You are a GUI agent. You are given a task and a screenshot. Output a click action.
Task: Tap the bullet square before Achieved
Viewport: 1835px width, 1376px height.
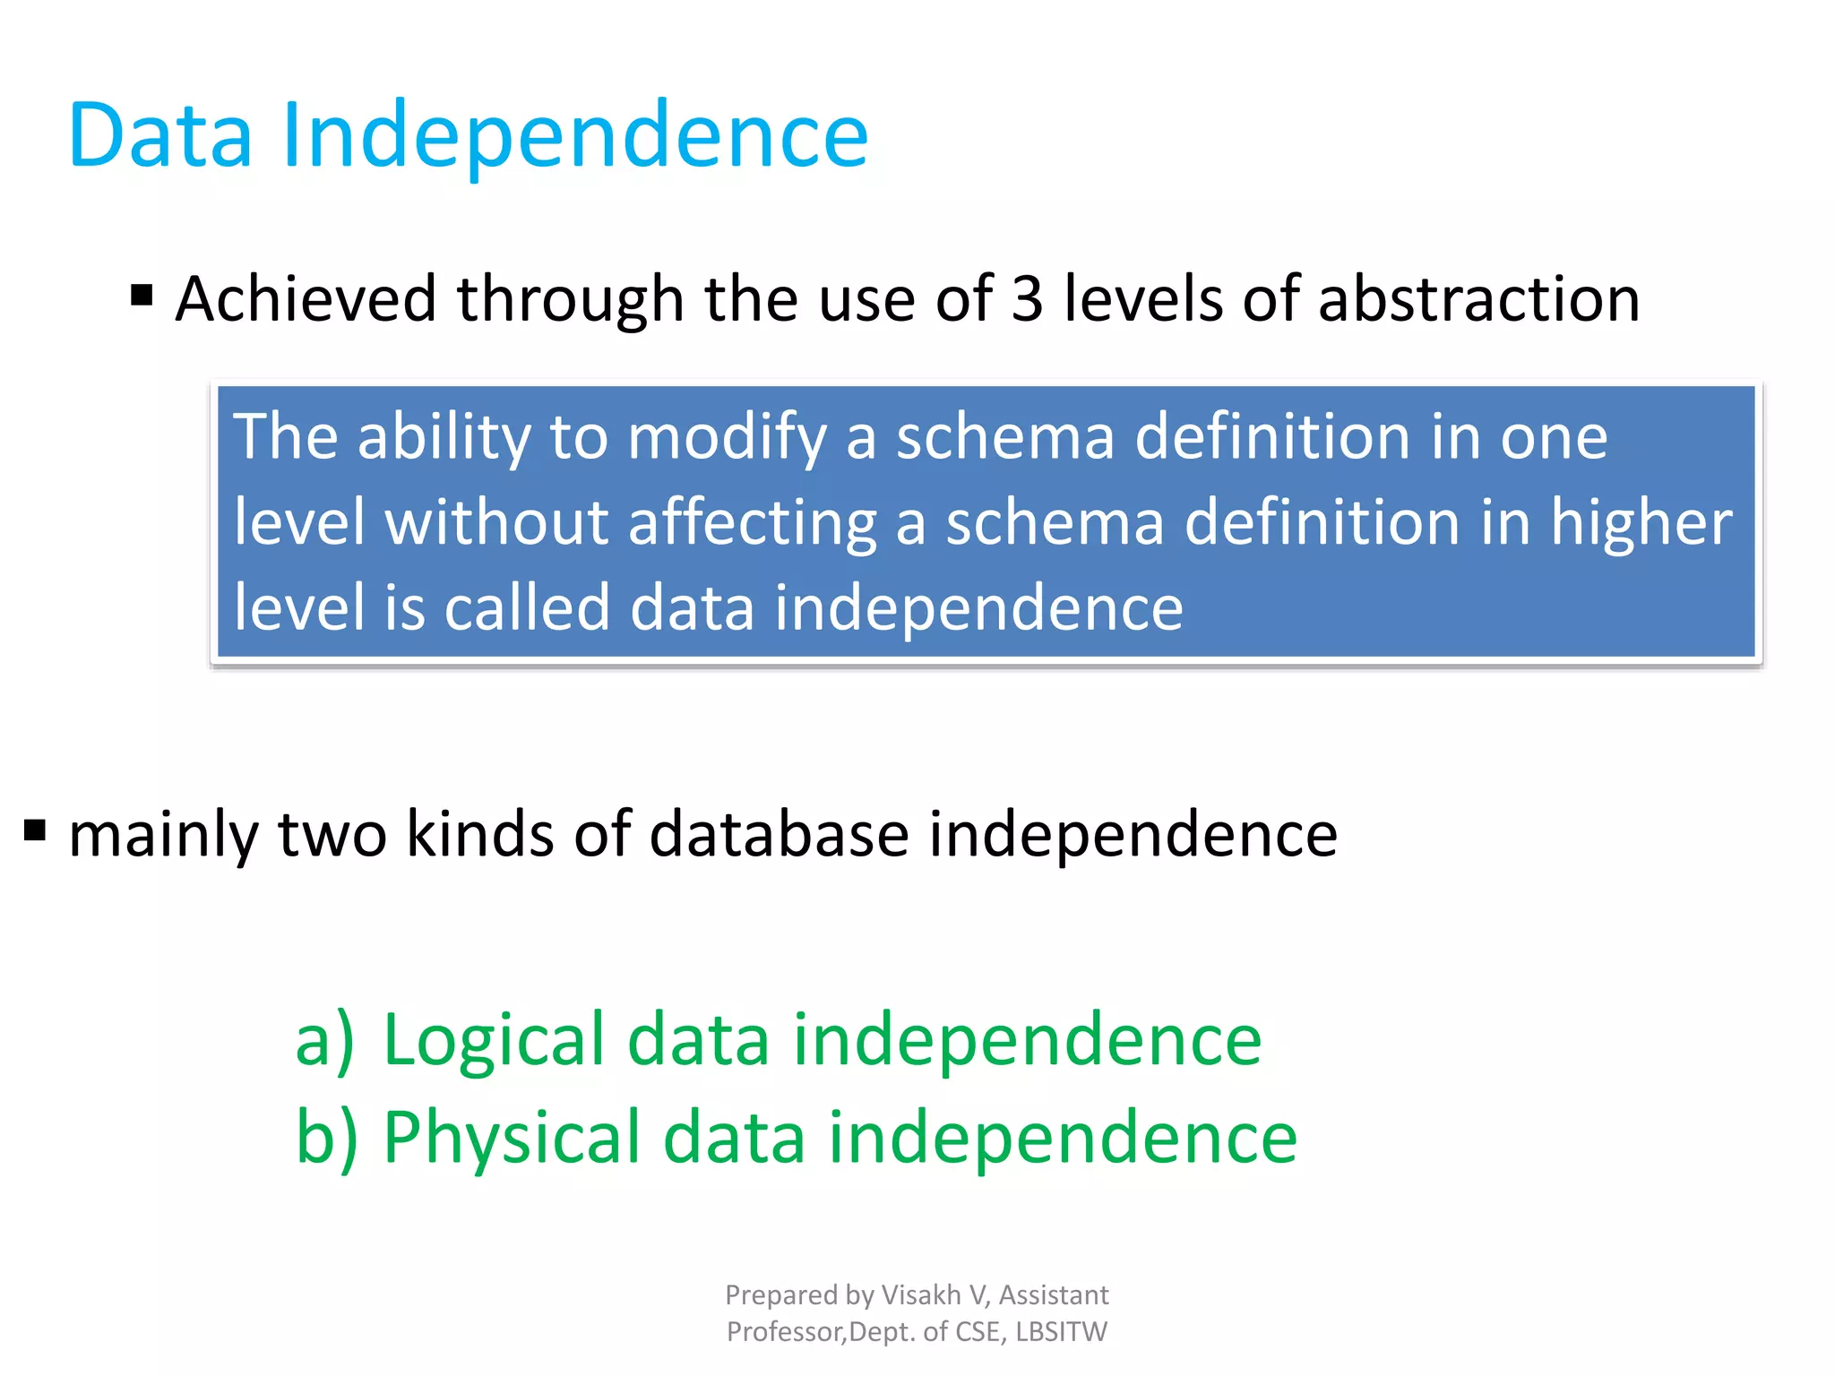click(x=142, y=295)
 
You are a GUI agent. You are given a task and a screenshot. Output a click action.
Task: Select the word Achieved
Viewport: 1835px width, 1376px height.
click(x=305, y=299)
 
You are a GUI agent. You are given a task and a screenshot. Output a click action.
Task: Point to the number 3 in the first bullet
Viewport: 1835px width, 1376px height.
click(x=1027, y=299)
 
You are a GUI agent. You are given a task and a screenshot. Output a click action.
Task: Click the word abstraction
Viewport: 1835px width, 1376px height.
click(x=1478, y=299)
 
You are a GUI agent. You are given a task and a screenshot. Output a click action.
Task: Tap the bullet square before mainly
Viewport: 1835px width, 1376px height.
click(x=35, y=830)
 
